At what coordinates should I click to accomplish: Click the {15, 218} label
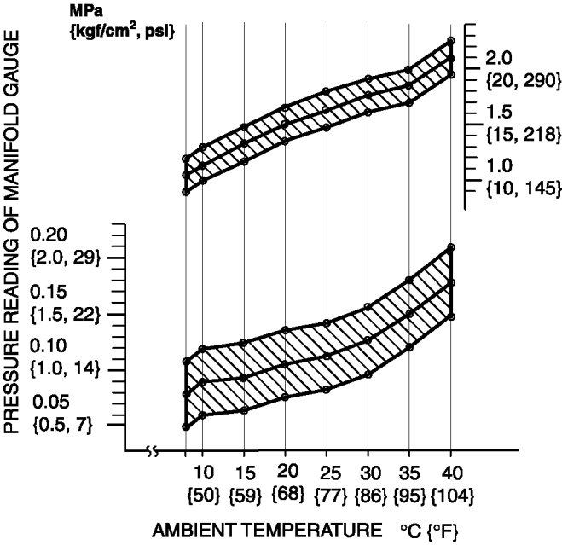(520, 134)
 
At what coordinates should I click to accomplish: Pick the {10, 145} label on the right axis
(520, 188)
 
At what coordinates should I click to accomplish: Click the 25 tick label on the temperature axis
(327, 473)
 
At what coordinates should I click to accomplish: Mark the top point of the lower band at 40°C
(450, 248)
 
